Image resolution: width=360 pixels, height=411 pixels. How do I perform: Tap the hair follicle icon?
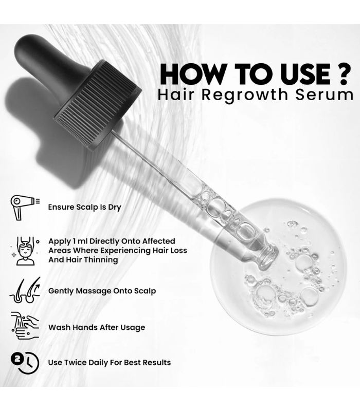[25, 290]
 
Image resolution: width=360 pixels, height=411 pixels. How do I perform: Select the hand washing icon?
[25, 326]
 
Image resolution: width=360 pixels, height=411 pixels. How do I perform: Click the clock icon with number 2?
[25, 363]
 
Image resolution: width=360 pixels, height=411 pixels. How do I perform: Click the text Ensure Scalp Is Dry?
[84, 208]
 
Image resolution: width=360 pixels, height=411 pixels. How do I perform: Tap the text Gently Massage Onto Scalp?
[102, 291]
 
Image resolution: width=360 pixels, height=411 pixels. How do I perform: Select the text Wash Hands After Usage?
[97, 327]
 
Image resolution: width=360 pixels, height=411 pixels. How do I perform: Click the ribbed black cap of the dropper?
[98, 105]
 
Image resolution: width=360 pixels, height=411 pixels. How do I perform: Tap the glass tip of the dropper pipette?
[268, 257]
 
